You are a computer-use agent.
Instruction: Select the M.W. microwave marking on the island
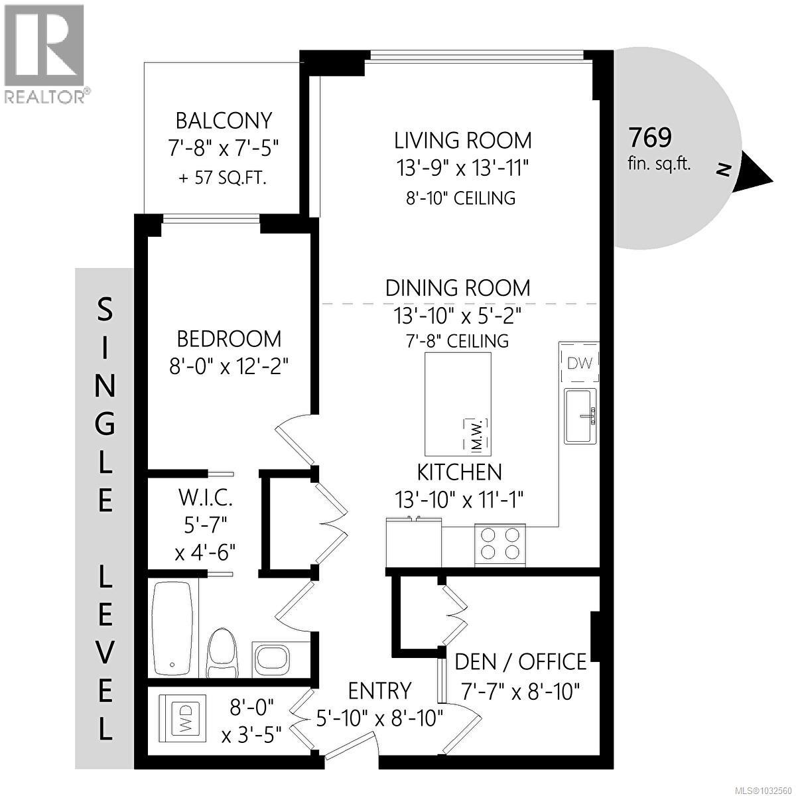tap(476, 434)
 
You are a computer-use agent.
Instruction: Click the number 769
tap(650, 137)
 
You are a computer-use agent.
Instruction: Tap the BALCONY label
tap(224, 121)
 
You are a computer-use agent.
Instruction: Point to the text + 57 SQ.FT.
tap(224, 178)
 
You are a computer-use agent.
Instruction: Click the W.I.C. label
tap(205, 497)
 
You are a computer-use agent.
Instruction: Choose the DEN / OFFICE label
tap(521, 661)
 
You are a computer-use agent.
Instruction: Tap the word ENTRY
tap(379, 691)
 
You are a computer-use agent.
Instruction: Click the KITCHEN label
tap(459, 472)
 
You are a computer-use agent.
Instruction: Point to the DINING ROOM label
tap(458, 288)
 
